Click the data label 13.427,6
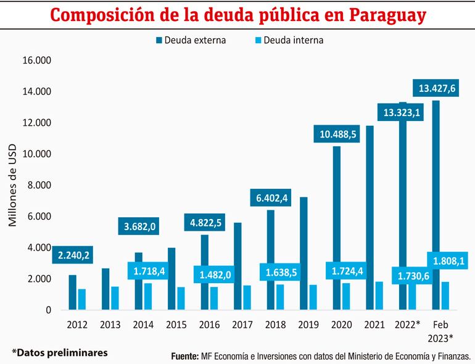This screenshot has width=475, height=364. tap(437, 89)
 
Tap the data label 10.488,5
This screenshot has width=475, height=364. tap(337, 134)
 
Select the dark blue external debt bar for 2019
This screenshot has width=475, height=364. tap(304, 253)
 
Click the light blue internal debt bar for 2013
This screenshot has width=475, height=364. tap(115, 298)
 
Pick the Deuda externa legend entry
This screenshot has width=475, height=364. tap(191, 40)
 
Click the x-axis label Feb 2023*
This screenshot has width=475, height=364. tap(441, 331)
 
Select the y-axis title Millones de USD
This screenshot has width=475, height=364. tap(13, 185)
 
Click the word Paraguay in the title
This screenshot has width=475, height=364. tap(383, 15)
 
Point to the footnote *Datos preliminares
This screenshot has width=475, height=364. tap(59, 352)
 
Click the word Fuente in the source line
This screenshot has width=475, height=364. tap(184, 356)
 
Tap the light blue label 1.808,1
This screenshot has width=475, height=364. tap(445, 262)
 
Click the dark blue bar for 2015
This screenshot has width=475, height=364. tap(171, 278)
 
